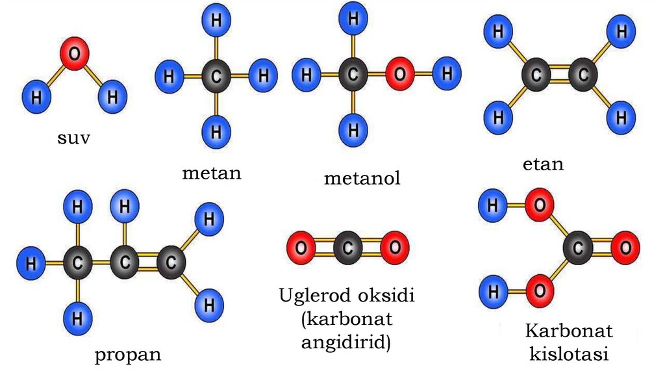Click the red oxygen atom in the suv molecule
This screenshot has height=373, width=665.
tap(75, 56)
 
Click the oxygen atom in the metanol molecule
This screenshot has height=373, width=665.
tap(399, 75)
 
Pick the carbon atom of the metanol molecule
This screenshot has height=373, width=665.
tap(353, 75)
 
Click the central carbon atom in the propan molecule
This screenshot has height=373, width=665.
tap(125, 264)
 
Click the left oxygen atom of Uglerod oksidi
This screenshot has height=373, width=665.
tap(301, 248)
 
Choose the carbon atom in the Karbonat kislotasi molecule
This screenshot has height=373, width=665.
tap(577, 248)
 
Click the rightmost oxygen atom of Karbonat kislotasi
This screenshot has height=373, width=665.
tap(625, 248)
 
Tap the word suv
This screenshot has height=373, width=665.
tap(72, 138)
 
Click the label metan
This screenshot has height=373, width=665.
tap(212, 173)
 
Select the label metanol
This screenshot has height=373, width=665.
tap(362, 178)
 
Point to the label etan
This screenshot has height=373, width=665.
tap(543, 164)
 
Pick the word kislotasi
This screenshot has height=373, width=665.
tap(569, 355)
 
